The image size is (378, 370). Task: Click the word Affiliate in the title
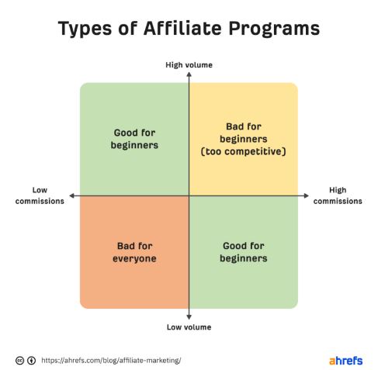click(x=182, y=28)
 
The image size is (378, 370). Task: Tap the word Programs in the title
click(x=274, y=29)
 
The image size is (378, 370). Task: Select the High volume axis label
click(x=189, y=65)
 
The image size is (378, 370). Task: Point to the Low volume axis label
click(x=189, y=327)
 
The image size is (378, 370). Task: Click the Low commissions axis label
click(x=40, y=195)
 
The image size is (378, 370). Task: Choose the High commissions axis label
click(x=338, y=195)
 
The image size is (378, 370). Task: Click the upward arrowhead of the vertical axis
click(x=189, y=74)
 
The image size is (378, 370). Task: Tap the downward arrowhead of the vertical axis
click(x=189, y=317)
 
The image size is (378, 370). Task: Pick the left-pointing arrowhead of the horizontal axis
click(x=72, y=195)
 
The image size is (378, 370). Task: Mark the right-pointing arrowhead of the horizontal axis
click(x=307, y=195)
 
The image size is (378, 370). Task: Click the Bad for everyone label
click(x=134, y=252)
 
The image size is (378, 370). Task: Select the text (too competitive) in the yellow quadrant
click(x=244, y=151)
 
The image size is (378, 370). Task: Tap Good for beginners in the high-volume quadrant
click(x=134, y=139)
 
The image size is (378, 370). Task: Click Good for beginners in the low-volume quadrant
click(x=244, y=252)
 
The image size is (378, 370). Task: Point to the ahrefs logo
click(x=345, y=361)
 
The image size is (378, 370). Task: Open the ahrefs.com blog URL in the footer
click(x=111, y=361)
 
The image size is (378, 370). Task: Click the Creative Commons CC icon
click(x=19, y=361)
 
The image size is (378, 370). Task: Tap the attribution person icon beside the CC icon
click(x=32, y=361)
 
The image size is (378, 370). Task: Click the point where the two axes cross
click(x=189, y=195)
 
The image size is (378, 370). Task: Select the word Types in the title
click(x=85, y=29)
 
